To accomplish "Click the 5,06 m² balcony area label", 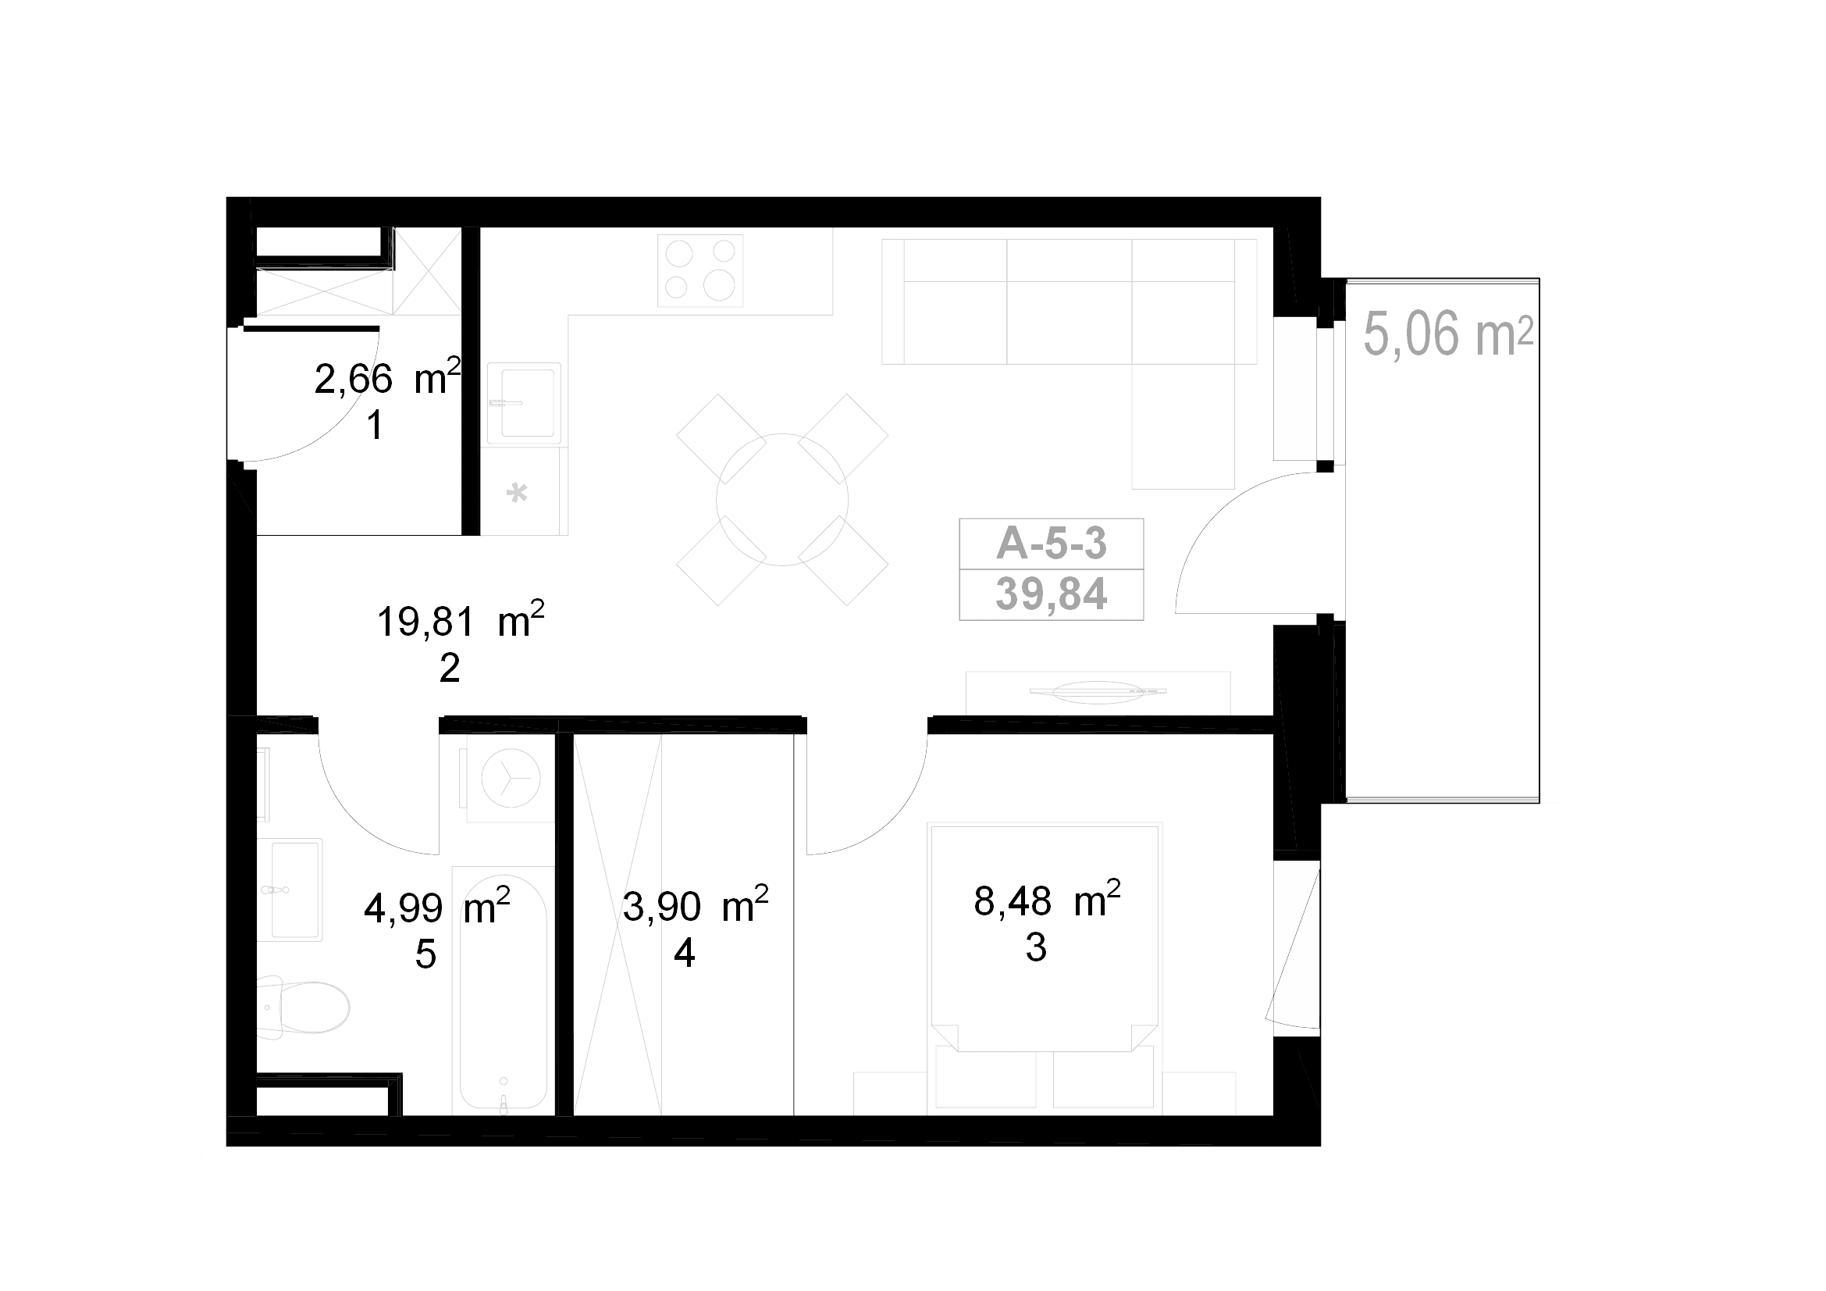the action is (x=1448, y=334).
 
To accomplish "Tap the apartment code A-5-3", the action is (x=1052, y=544).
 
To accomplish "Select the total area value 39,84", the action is (x=1052, y=594).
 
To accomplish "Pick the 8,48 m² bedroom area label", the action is (x=1048, y=900).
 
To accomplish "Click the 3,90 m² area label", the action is (x=695, y=904).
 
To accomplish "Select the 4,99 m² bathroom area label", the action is (x=436, y=906).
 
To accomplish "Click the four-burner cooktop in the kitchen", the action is (x=699, y=270).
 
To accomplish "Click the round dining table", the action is (x=781, y=500).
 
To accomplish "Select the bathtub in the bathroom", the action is (x=503, y=990).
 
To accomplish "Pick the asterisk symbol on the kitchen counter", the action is (x=517, y=493).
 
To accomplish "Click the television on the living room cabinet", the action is (x=1098, y=692).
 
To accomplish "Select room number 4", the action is (x=685, y=952).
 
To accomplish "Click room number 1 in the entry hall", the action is (x=376, y=426).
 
